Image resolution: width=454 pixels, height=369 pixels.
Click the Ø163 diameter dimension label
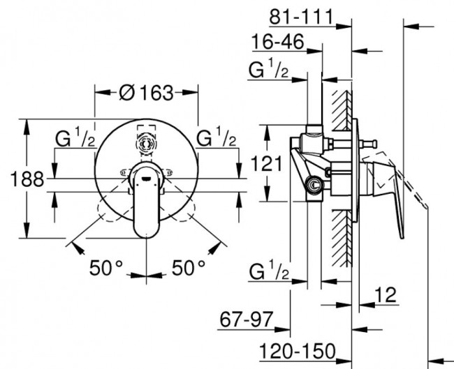point(146,93)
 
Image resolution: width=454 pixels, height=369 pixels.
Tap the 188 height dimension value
point(27,179)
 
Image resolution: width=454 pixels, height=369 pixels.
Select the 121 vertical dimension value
point(266,164)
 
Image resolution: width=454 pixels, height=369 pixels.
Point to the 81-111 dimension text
point(302,17)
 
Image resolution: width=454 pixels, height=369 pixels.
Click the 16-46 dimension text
point(278,42)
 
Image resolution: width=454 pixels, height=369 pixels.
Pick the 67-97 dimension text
point(247,319)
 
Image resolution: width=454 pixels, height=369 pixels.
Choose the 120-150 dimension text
point(298,352)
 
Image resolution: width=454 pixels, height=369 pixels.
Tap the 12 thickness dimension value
point(386,295)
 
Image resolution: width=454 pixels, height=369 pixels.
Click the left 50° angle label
point(106,268)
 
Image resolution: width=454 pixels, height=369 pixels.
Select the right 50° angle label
point(189,268)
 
